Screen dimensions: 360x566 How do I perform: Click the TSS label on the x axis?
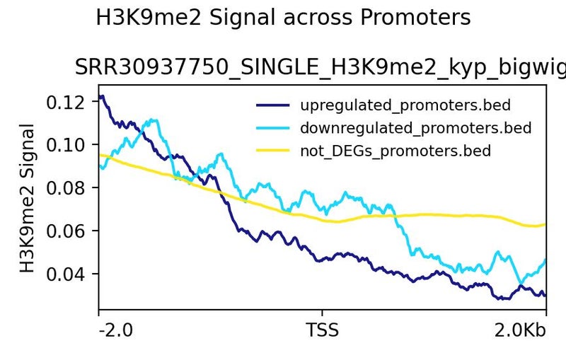(323, 330)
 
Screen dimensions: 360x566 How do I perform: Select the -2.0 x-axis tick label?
(115, 330)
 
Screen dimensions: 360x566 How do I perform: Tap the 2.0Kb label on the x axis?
(522, 330)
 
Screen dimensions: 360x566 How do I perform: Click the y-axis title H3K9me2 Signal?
(27, 198)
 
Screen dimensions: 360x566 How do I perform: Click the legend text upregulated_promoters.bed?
(405, 106)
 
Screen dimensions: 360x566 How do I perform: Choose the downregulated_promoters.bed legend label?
(415, 128)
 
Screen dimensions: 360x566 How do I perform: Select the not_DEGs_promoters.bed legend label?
(395, 151)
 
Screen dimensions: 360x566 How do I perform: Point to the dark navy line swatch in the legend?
(273, 106)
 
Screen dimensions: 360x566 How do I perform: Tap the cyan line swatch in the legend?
(273, 128)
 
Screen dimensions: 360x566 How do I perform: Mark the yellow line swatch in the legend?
(273, 151)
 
